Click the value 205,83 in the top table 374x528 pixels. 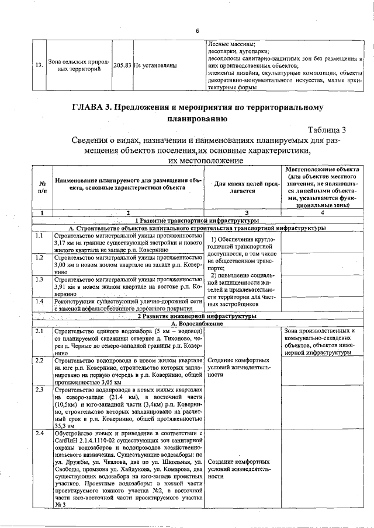pyautogui.click(x=122, y=66)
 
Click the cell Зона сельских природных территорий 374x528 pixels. pyautogui.click(x=78, y=66)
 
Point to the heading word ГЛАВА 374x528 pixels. pyautogui.click(x=90, y=108)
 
